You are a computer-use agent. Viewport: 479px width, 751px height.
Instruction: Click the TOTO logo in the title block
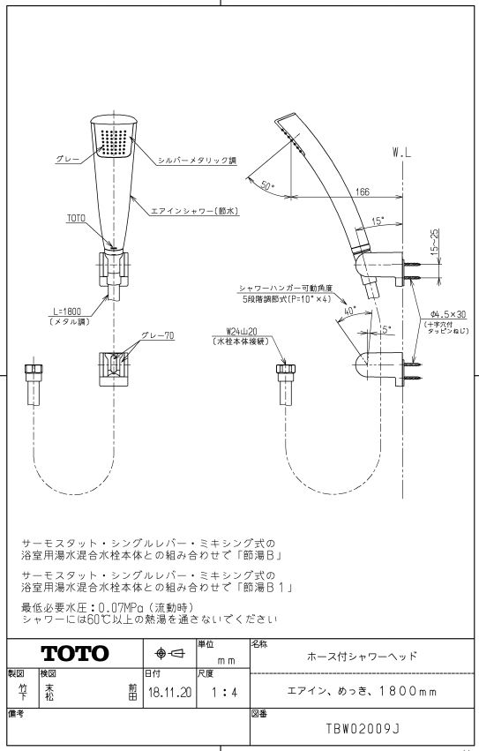(x=75, y=653)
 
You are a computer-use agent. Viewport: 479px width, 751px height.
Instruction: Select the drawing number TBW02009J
(x=363, y=729)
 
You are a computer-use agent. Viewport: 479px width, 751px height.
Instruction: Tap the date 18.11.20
(x=170, y=692)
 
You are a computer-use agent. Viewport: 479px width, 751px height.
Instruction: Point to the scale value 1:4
(x=225, y=692)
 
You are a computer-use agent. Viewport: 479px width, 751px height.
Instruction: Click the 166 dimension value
(x=363, y=192)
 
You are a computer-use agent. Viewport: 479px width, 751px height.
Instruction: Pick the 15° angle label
(x=378, y=221)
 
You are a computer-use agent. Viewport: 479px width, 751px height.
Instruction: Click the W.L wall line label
(x=401, y=154)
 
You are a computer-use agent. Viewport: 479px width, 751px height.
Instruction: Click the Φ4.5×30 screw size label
(x=448, y=315)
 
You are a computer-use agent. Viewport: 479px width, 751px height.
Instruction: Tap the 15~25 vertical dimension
(x=435, y=241)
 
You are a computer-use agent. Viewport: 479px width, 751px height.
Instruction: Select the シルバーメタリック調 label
(x=198, y=161)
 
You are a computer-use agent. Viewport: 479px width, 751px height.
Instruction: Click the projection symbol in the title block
(x=170, y=653)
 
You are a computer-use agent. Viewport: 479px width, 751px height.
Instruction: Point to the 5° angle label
(x=386, y=329)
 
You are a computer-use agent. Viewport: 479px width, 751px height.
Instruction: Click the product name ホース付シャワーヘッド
(x=363, y=656)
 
